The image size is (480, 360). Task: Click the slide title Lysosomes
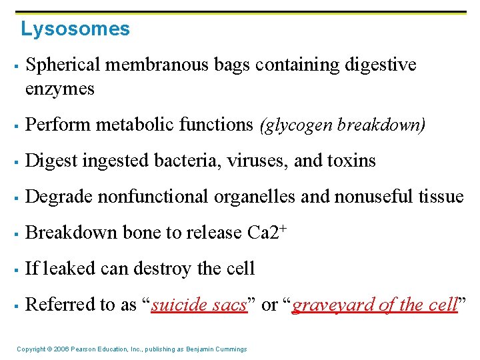[75, 29]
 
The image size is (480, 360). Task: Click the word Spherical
[65, 65]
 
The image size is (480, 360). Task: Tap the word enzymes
[60, 89]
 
